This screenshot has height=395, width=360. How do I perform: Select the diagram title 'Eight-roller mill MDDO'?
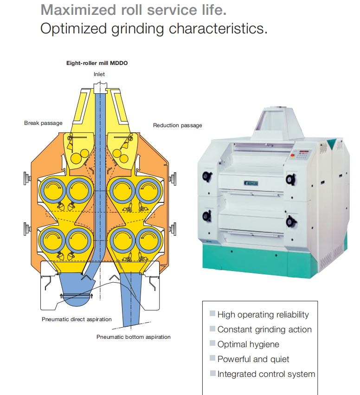(96, 63)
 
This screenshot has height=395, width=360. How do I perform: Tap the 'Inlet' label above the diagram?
(99, 74)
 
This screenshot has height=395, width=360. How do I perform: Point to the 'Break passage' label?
(43, 123)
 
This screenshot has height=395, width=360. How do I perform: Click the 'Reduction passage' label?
(177, 125)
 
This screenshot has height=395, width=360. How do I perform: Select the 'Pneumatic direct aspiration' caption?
(77, 319)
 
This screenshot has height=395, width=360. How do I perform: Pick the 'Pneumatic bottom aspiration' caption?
(134, 337)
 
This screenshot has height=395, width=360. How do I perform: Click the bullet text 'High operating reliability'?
(263, 315)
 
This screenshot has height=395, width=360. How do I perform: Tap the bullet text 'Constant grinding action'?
(264, 330)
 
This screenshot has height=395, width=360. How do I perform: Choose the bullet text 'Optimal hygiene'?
(248, 344)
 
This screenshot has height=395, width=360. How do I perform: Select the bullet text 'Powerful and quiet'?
(253, 359)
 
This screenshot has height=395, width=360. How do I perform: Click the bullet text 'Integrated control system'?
(266, 374)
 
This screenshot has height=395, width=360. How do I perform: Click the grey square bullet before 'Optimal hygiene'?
(212, 344)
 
